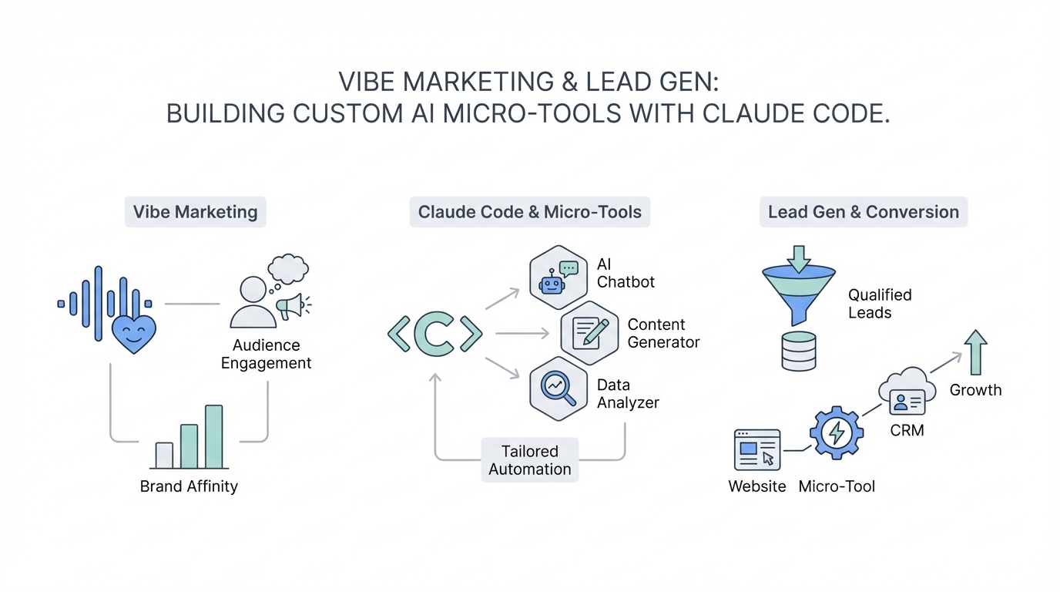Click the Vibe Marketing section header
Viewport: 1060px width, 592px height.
click(x=195, y=212)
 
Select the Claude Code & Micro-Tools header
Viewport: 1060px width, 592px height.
click(x=529, y=212)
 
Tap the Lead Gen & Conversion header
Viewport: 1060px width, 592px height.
click(x=863, y=212)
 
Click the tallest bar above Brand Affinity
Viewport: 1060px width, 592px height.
click(x=213, y=436)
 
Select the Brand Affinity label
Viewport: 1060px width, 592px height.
click(x=189, y=486)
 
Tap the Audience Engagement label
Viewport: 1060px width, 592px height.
click(x=266, y=354)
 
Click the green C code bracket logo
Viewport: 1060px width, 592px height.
click(x=435, y=334)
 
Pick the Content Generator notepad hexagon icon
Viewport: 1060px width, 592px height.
click(x=589, y=333)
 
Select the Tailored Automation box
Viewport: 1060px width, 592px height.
click(x=530, y=460)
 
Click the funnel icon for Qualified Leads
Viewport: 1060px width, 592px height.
click(x=798, y=289)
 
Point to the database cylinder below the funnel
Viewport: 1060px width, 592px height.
click(x=798, y=351)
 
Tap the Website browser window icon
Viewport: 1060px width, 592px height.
click(x=757, y=449)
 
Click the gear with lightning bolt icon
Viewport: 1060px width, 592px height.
click(x=836, y=433)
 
